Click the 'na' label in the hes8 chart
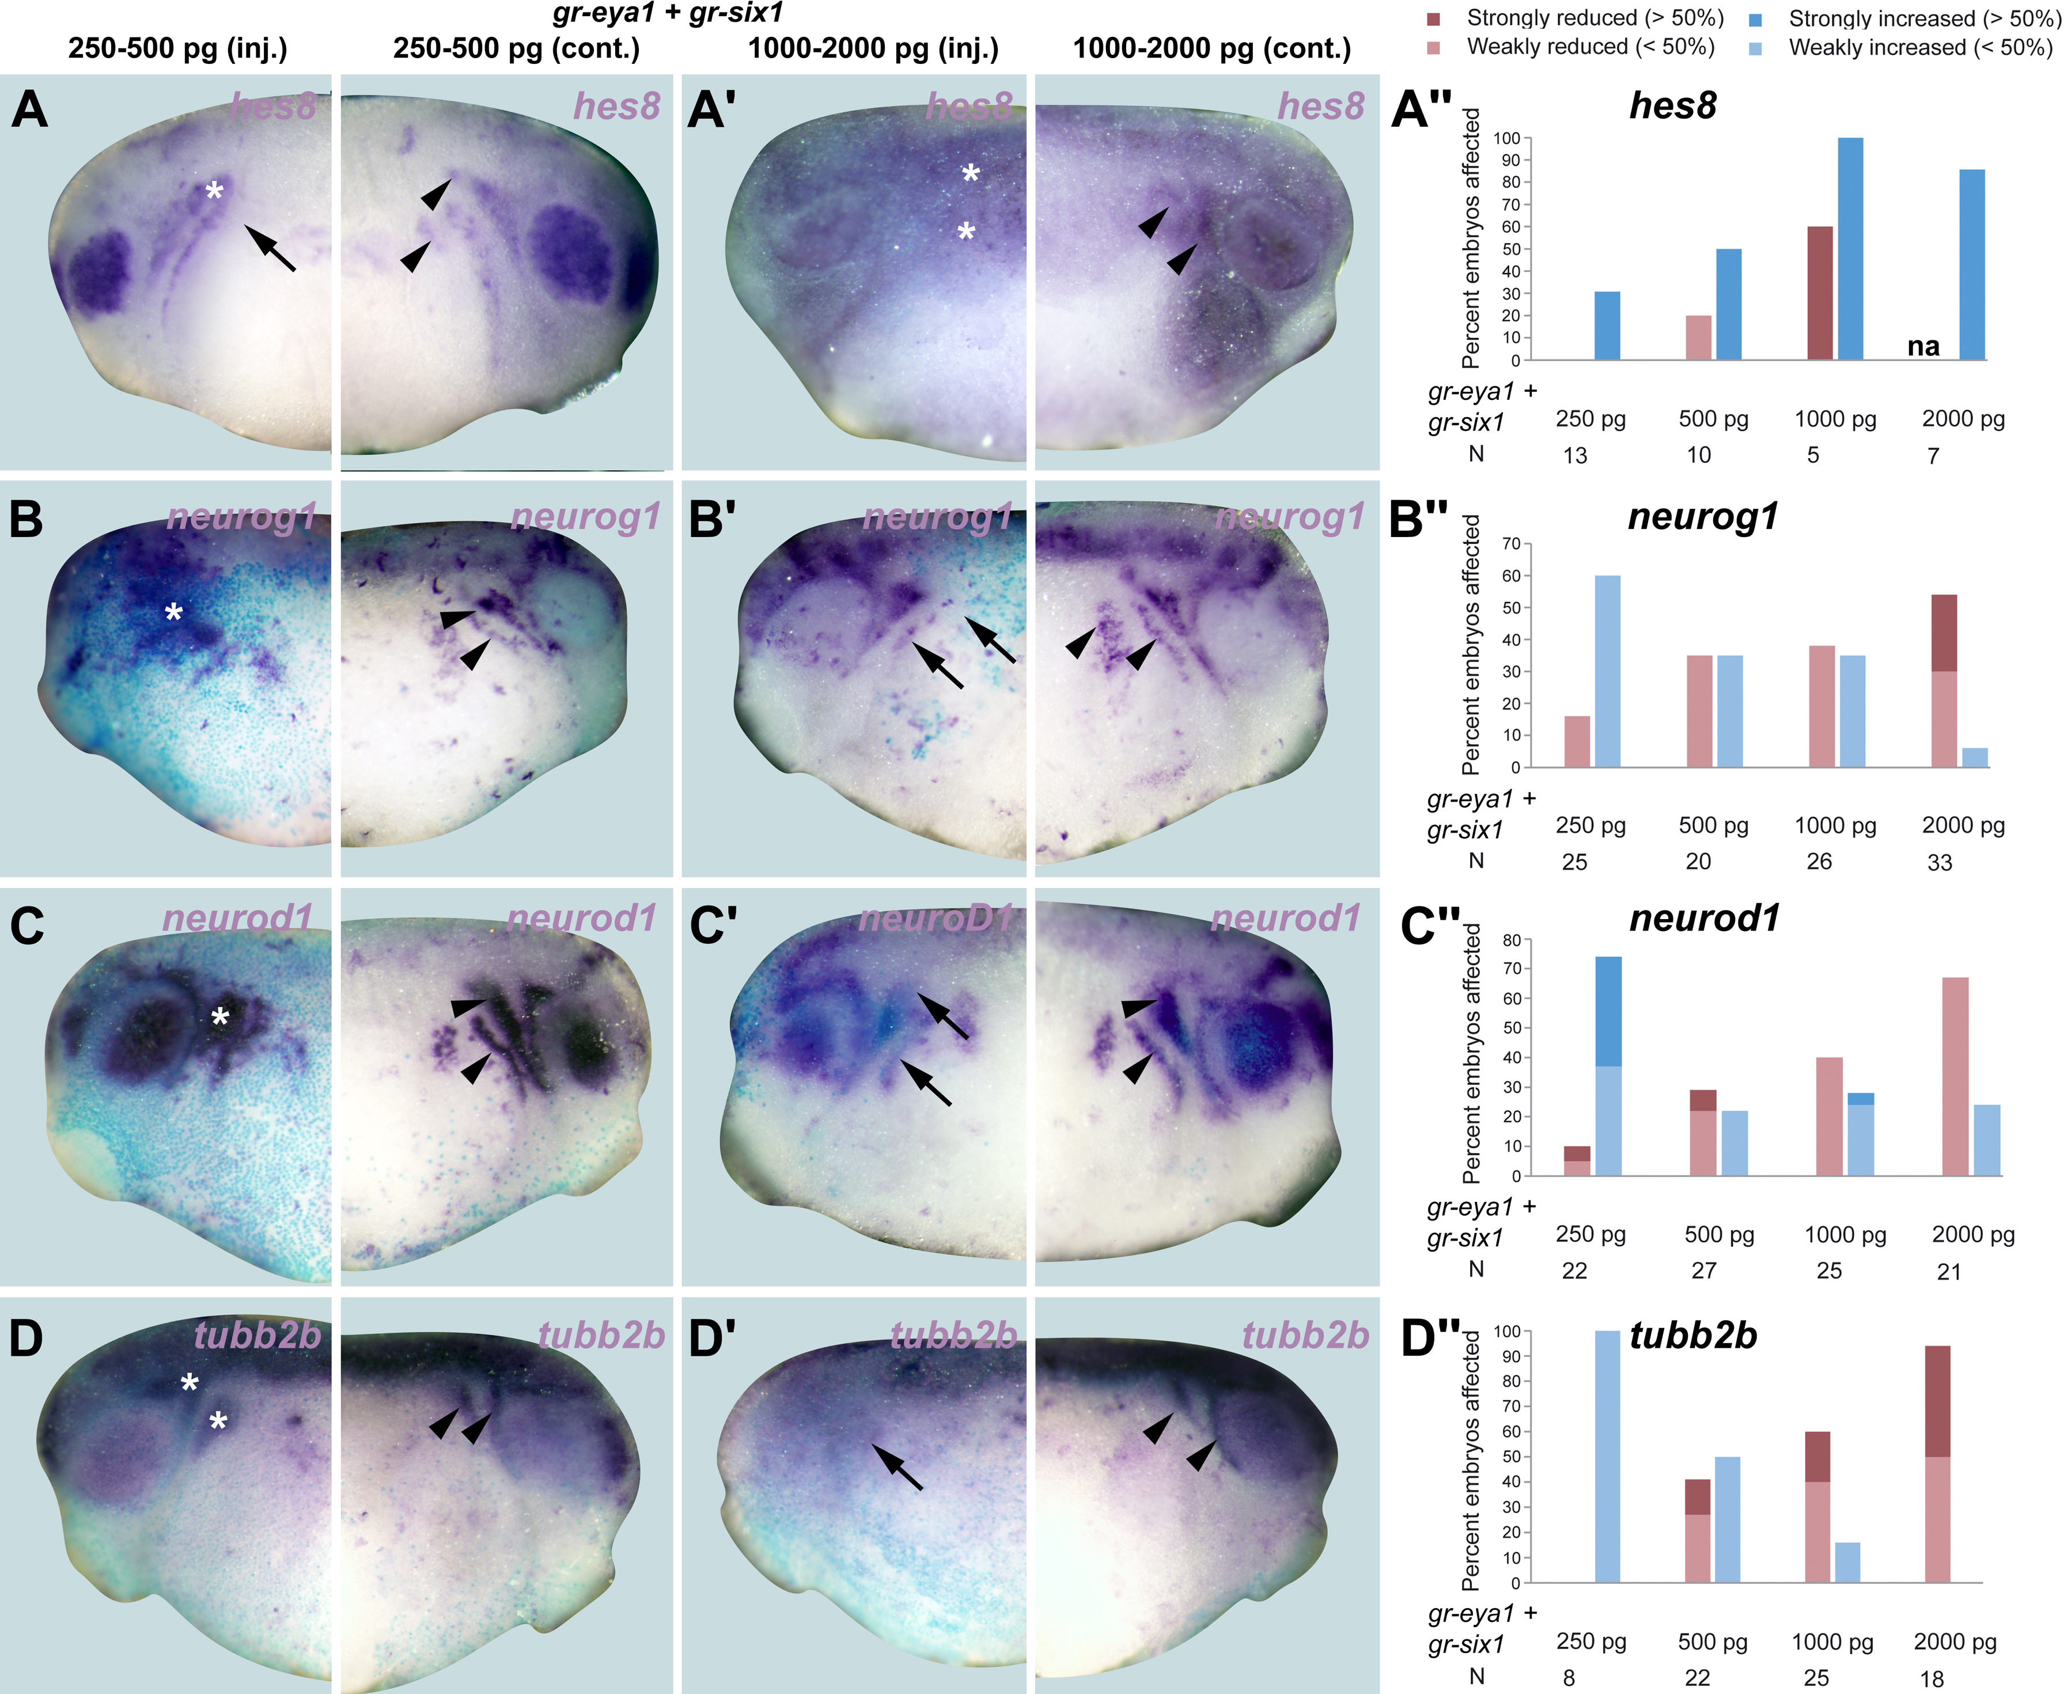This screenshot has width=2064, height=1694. (1923, 346)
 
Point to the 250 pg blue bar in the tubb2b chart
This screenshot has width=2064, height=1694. (1608, 1456)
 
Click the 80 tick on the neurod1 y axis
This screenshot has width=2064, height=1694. (1513, 940)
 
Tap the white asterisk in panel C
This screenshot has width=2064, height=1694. (221, 1018)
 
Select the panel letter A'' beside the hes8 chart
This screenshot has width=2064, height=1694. (1421, 109)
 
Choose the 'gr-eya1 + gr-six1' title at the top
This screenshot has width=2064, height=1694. (667, 14)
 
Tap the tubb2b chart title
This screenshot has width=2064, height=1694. (1694, 1335)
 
